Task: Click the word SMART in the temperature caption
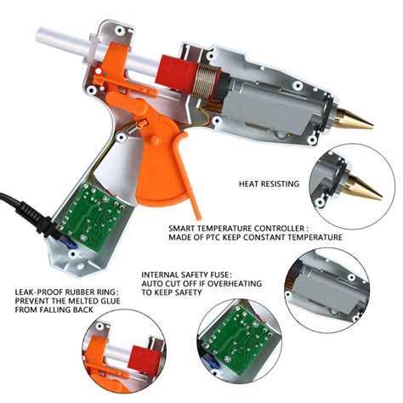click(185, 228)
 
